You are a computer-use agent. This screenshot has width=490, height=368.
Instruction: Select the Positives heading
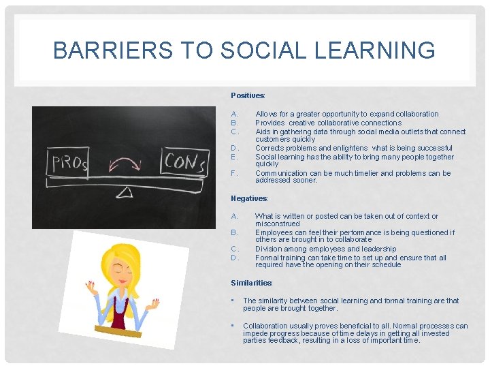(248, 96)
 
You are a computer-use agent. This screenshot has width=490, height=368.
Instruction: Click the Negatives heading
(249, 198)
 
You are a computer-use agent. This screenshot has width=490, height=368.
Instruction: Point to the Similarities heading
(251, 283)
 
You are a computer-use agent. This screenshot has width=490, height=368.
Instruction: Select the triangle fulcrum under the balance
(125, 193)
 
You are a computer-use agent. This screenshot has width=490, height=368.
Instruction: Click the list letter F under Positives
(234, 174)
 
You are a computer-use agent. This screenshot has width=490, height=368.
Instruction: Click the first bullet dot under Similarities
(233, 301)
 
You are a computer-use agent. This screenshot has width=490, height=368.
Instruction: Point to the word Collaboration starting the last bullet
(267, 326)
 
